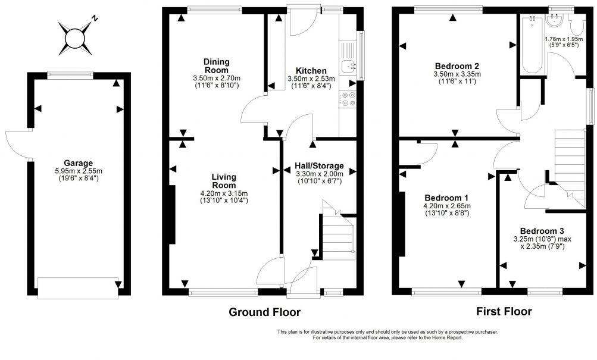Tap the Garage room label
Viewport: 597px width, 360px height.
[79, 162]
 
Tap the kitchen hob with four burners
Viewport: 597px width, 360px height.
[348, 99]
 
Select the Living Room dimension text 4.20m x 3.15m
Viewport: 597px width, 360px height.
[224, 193]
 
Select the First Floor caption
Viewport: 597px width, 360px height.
[504, 311]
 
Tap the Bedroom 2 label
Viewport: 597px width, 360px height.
[457, 66]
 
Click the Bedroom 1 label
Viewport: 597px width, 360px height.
[446, 198]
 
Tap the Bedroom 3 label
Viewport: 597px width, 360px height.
[542, 231]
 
